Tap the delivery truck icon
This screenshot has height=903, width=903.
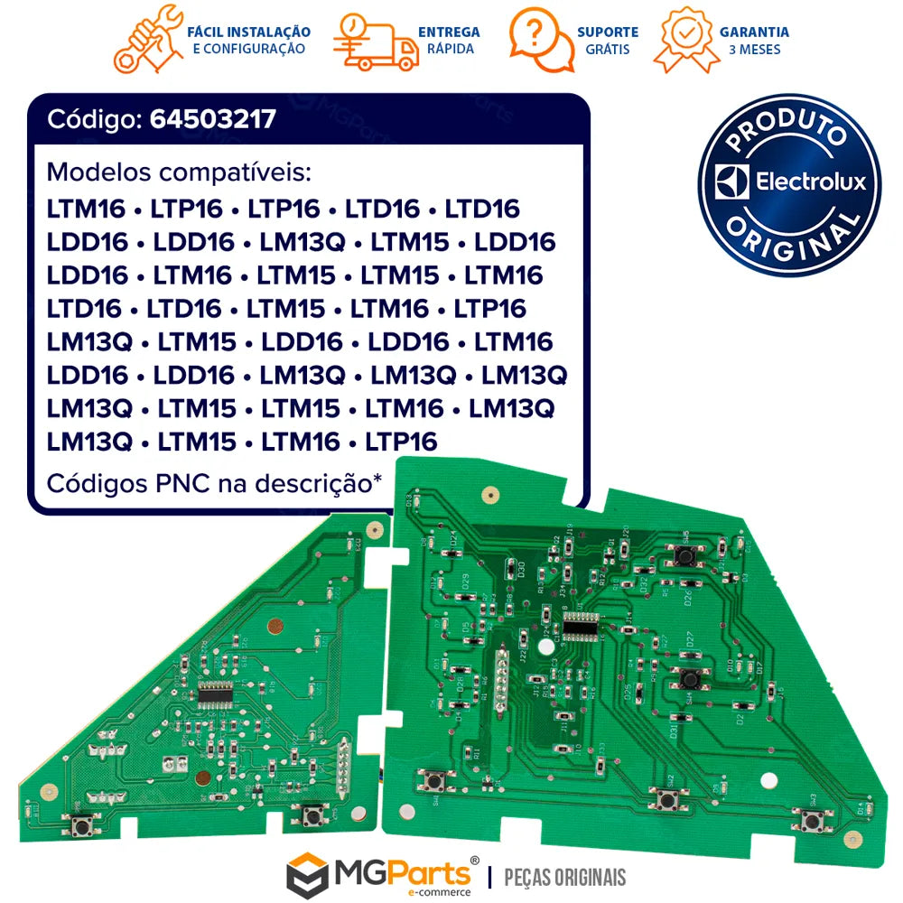coord(375,42)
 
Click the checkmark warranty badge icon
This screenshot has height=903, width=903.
coord(686,39)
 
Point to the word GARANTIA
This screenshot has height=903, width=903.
coord(754,32)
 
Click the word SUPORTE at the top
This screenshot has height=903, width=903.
coord(608,32)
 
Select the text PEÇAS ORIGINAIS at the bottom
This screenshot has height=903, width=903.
coord(563,876)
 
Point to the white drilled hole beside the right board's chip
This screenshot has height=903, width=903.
coord(544,648)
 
